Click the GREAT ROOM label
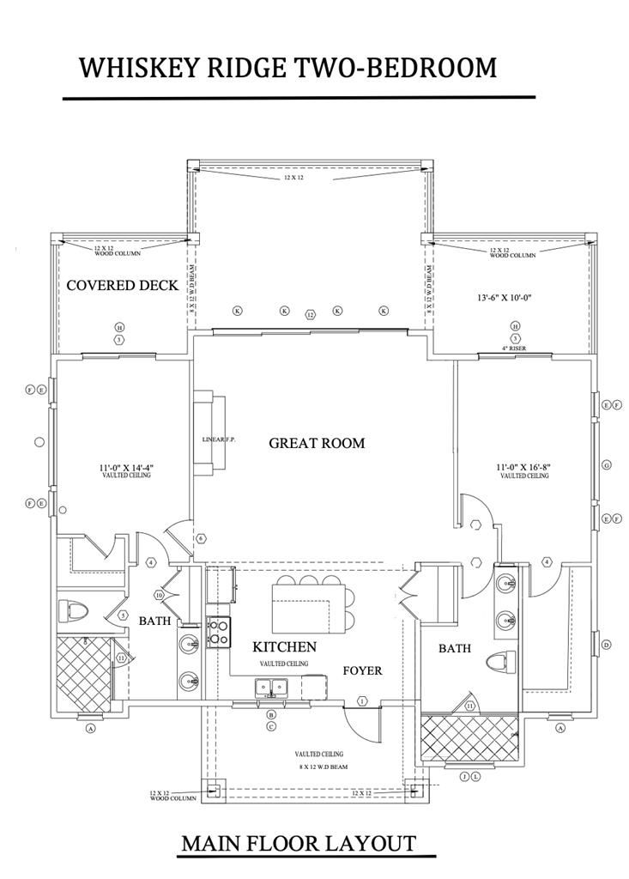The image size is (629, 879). tap(317, 444)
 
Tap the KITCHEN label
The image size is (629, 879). tap(285, 647)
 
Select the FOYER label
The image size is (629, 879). tap(363, 670)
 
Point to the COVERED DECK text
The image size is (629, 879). tap(123, 286)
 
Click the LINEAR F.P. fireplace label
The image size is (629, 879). tap(219, 439)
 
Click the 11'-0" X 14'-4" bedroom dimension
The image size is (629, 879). tap(125, 468)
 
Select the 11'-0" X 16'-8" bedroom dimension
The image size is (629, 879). tap(524, 468)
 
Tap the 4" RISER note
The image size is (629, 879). tap(515, 349)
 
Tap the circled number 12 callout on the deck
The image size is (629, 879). tap(311, 315)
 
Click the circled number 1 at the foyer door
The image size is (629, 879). tap(363, 701)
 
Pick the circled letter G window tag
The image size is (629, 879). tap(607, 465)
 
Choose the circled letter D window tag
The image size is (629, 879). tap(607, 645)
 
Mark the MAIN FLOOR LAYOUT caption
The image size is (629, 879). tap(299, 844)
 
